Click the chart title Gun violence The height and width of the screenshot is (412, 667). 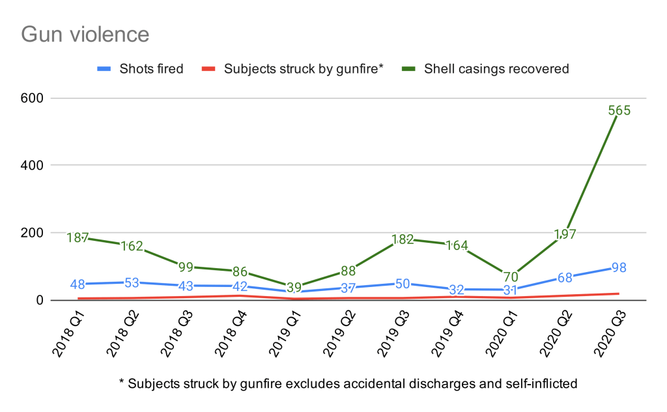85,33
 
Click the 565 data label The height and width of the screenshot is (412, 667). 619,111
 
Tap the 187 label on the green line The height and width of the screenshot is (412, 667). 78,238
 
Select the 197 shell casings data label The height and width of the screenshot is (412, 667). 564,234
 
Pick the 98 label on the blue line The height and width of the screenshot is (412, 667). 619,268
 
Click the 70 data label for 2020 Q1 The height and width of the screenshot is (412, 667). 511,277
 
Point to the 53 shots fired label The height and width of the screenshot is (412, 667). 132,282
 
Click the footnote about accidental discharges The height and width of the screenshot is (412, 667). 348,383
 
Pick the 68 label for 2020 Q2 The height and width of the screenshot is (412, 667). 564,278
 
